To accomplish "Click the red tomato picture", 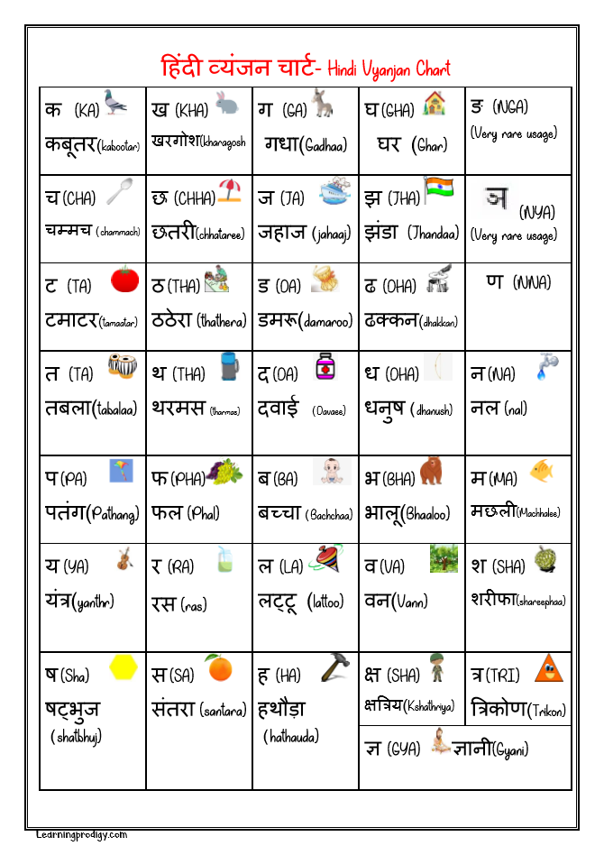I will [125, 280].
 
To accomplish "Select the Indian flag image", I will [437, 190].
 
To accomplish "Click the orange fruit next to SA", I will [217, 667].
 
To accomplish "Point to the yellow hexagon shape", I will [124, 668].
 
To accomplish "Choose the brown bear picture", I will [431, 470].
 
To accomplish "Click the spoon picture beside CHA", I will [119, 192].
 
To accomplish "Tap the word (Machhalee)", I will [539, 512].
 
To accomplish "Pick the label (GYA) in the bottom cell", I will [403, 749].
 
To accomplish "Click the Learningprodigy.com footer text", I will [82, 835].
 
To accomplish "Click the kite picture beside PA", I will [121, 471].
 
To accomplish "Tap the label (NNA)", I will [532, 283].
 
